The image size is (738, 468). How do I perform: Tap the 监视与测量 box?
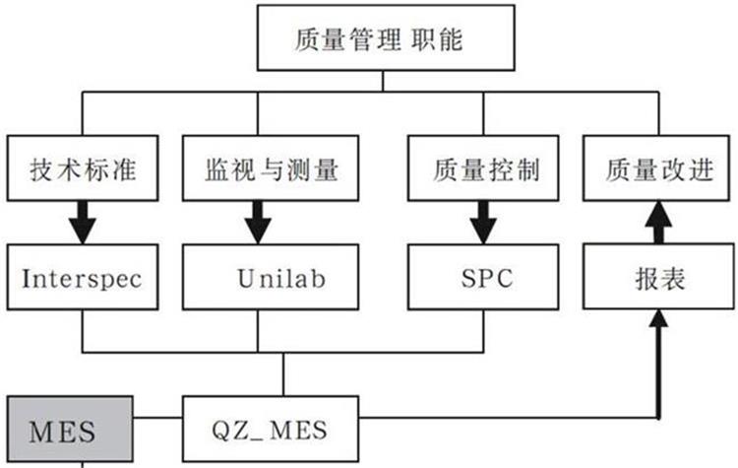260,169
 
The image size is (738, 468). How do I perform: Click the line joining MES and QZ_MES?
156,432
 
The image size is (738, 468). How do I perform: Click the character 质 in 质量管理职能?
306,40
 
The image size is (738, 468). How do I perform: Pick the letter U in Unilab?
246,278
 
